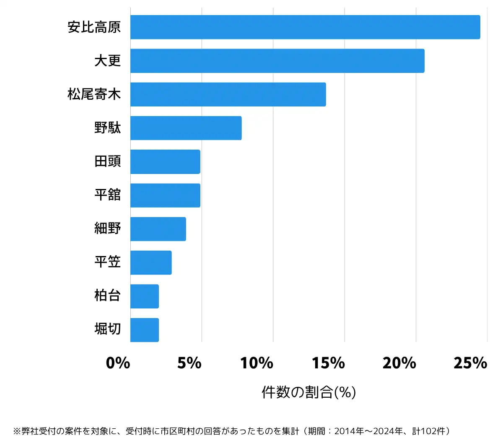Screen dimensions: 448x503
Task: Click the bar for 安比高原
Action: [305, 27]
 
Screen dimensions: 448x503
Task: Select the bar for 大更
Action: [277, 61]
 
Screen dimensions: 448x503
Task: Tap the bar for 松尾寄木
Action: [228, 94]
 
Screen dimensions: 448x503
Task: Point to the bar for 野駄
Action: [186, 128]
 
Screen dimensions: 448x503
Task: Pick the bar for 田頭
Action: [165, 162]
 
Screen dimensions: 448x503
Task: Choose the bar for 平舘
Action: [165, 195]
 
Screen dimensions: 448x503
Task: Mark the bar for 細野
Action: [158, 229]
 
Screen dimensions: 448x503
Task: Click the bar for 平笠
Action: [151, 263]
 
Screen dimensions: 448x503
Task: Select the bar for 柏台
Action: [145, 296]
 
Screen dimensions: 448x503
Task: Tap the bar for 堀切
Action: [145, 330]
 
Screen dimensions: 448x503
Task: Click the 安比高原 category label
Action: [94, 27]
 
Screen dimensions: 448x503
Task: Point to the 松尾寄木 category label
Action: [94, 94]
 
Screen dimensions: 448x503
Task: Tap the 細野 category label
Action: [108, 229]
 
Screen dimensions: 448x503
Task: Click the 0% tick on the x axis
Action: [118, 363]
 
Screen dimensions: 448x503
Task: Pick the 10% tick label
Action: [257, 363]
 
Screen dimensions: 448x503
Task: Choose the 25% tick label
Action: [470, 363]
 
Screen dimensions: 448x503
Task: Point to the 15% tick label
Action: [328, 363]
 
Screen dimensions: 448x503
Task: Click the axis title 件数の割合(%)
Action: [309, 392]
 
